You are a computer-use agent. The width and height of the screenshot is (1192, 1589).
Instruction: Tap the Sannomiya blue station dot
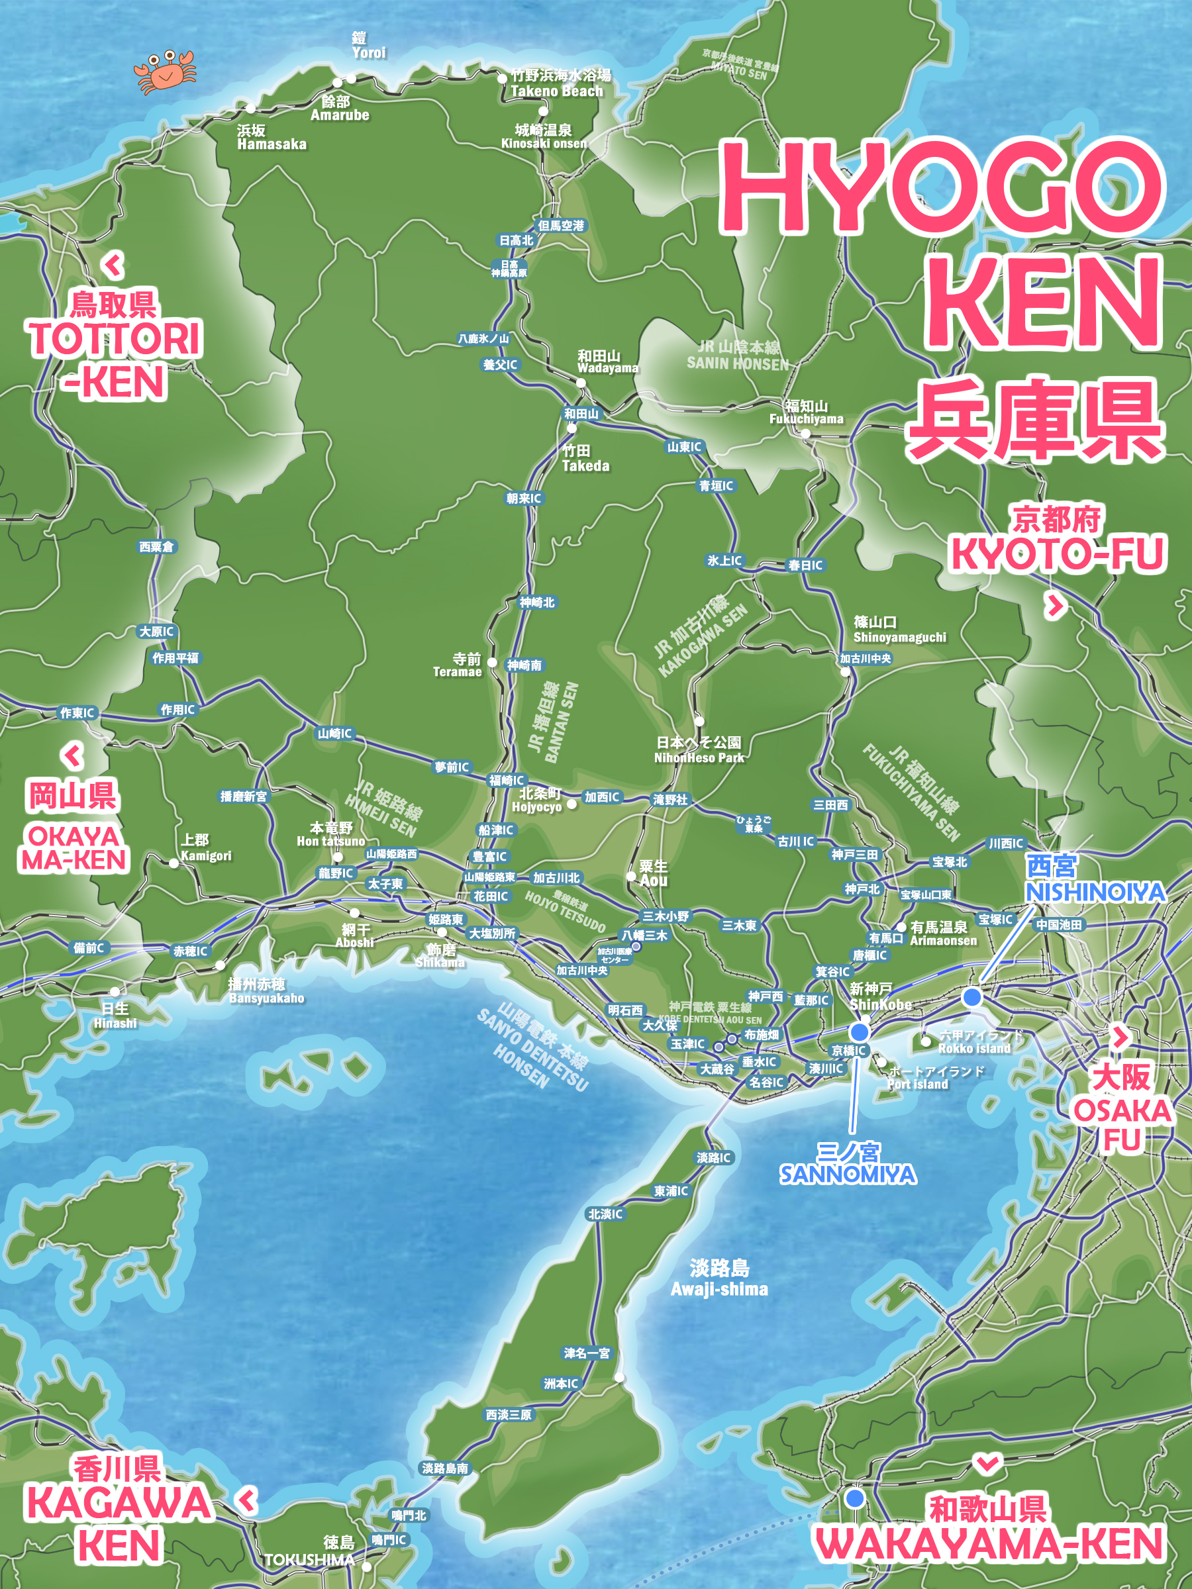point(860,1032)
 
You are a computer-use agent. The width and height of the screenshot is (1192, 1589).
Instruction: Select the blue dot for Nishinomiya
point(972,996)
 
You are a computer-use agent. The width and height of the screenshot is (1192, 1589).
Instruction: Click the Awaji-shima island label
point(719,1278)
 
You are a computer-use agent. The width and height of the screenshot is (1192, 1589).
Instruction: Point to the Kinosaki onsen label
point(544,136)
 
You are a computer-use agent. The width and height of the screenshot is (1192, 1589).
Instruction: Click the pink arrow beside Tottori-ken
point(113,265)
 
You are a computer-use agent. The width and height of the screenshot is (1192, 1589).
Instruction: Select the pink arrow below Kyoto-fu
point(1054,606)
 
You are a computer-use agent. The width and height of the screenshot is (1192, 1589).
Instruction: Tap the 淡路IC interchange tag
point(713,1157)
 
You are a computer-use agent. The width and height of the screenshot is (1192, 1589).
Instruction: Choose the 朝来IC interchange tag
point(524,498)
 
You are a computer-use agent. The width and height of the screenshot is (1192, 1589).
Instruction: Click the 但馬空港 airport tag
point(561,226)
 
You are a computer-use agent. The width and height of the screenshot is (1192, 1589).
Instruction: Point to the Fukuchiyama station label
point(806,412)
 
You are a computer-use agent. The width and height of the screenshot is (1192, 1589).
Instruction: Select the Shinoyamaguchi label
point(899,629)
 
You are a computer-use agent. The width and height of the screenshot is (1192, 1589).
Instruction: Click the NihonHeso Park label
point(699,749)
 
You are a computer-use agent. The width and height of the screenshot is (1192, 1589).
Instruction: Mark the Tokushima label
point(311,1559)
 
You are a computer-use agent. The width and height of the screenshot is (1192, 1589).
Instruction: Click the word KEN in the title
point(1042,302)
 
